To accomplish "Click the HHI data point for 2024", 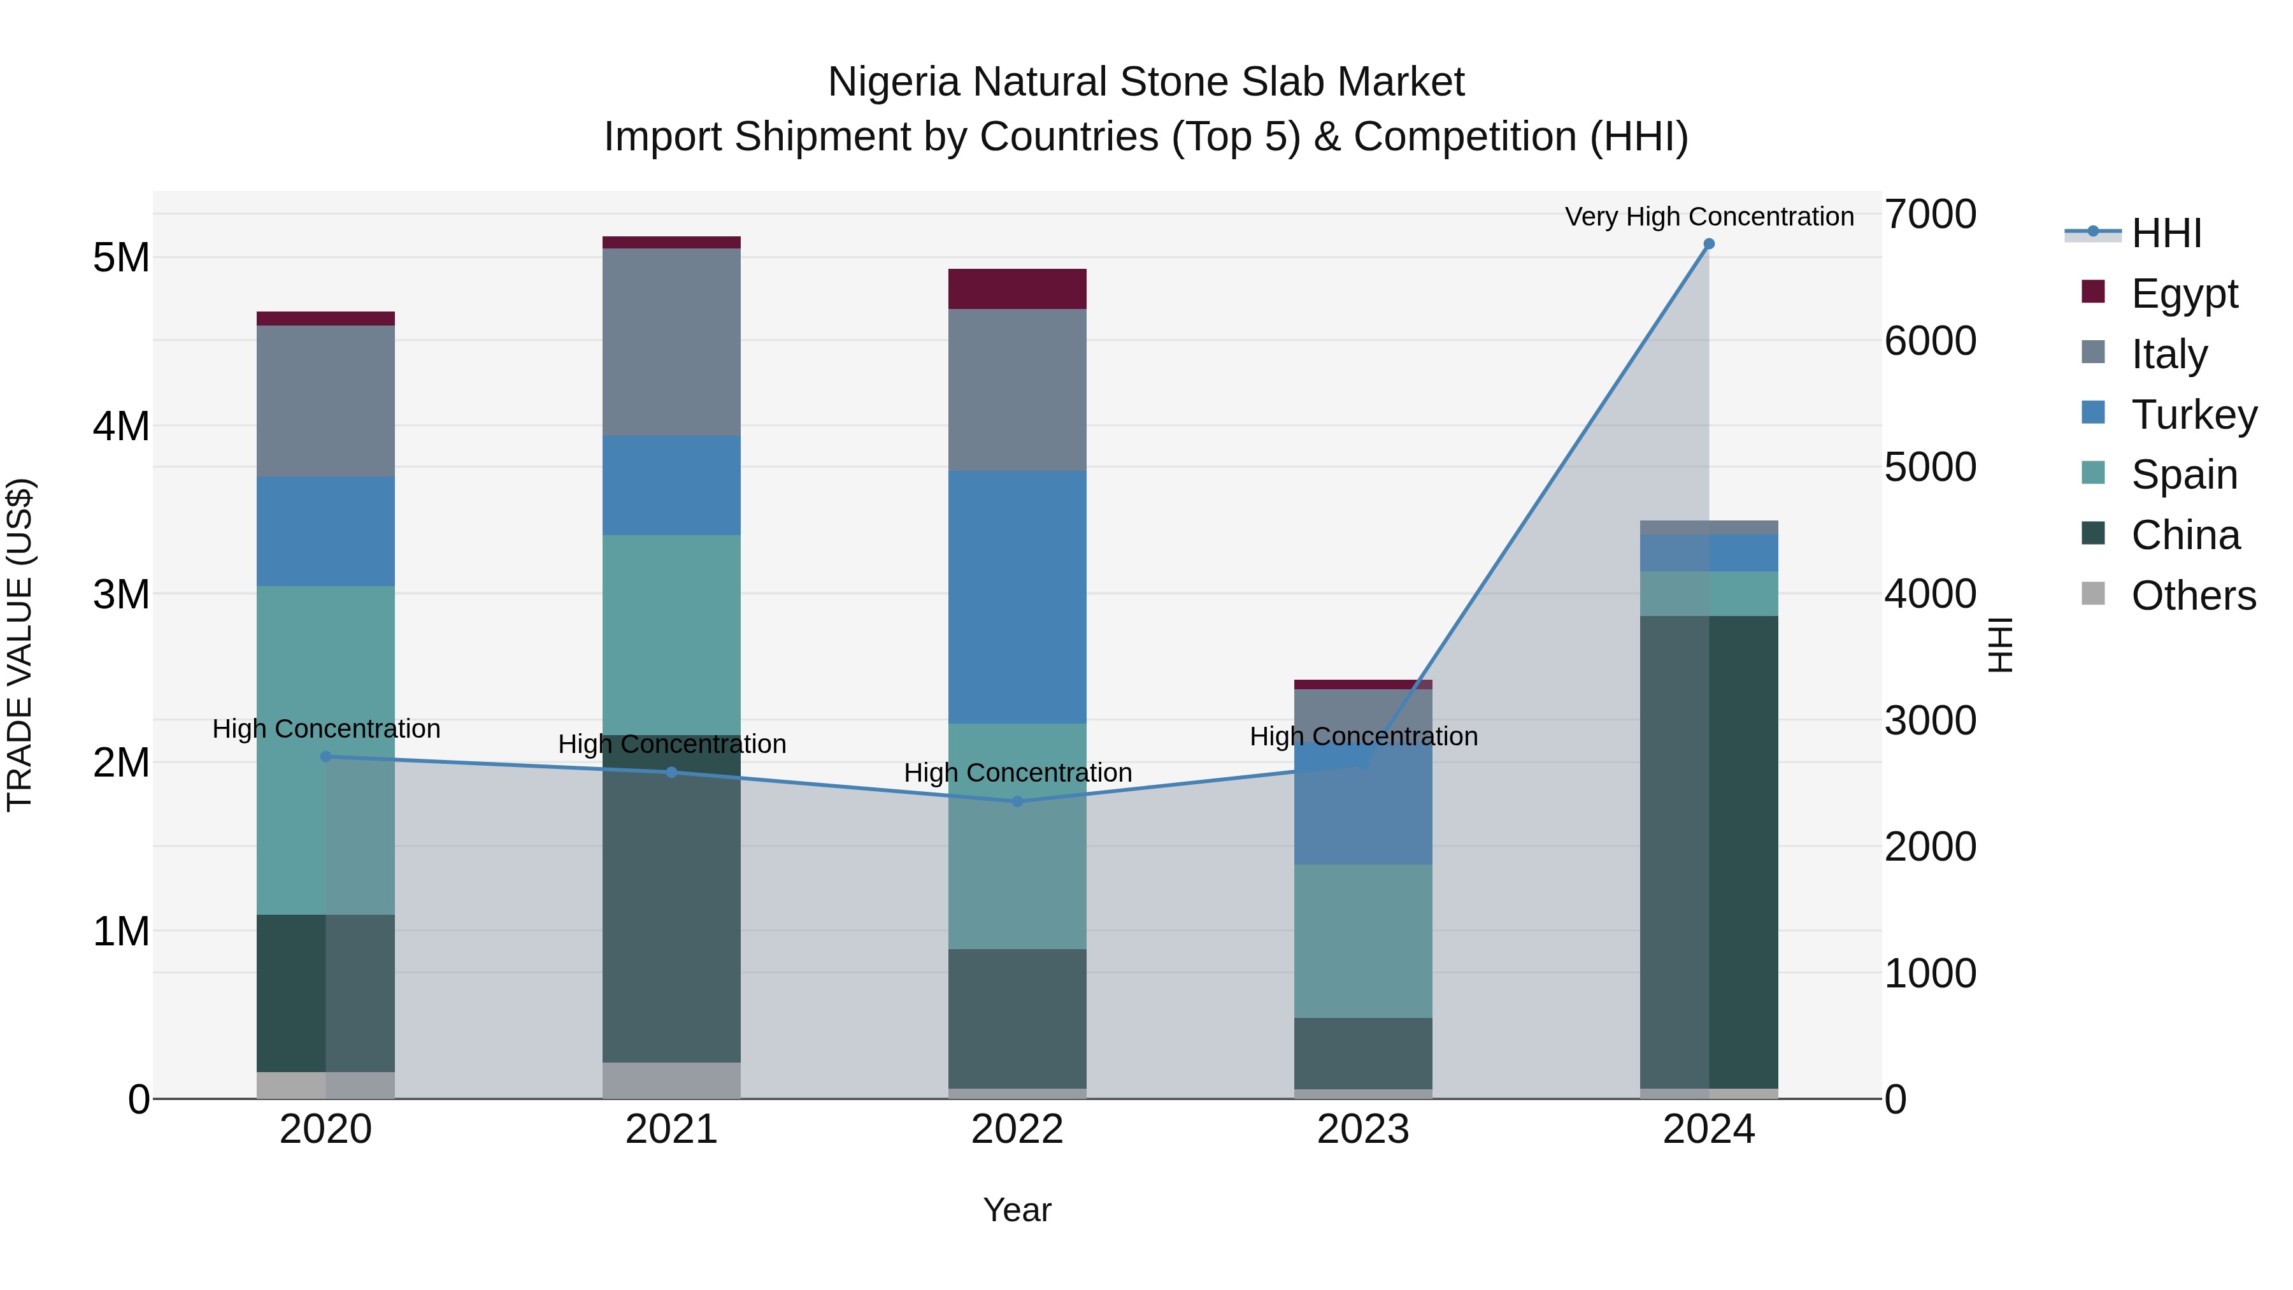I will (x=1708, y=244).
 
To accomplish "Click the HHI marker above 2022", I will (x=1017, y=801).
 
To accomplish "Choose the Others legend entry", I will (x=2193, y=596).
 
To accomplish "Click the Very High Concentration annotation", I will (x=1709, y=217).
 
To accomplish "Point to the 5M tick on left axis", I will (x=121, y=258).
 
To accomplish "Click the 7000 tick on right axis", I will (x=1930, y=215).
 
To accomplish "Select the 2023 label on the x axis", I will (x=1363, y=1129).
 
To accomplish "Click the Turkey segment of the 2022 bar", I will (x=1017, y=596).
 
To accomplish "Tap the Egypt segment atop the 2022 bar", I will (x=1017, y=289).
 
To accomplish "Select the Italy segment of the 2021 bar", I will (x=671, y=342).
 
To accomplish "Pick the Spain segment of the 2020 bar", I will (x=325, y=750).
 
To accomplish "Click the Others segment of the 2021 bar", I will (x=671, y=1080).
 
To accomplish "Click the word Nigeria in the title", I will (x=895, y=82).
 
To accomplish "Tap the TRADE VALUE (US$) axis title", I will (x=20, y=645).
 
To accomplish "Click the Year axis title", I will (x=1017, y=1210).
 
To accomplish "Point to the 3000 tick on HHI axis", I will (x=1930, y=720).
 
